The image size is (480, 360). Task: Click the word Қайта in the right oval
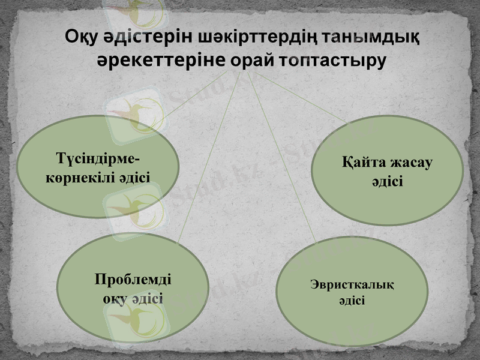pos(362,164)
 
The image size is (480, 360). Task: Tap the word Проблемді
pos(133,280)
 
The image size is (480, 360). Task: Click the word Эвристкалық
pos(352,284)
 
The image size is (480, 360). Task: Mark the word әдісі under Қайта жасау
pos(387,181)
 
